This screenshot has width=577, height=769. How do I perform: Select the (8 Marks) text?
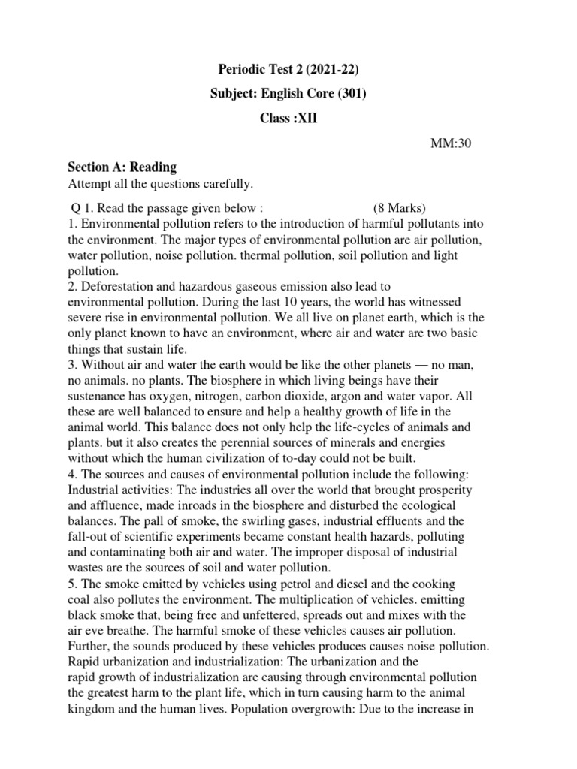pyautogui.click(x=399, y=207)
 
